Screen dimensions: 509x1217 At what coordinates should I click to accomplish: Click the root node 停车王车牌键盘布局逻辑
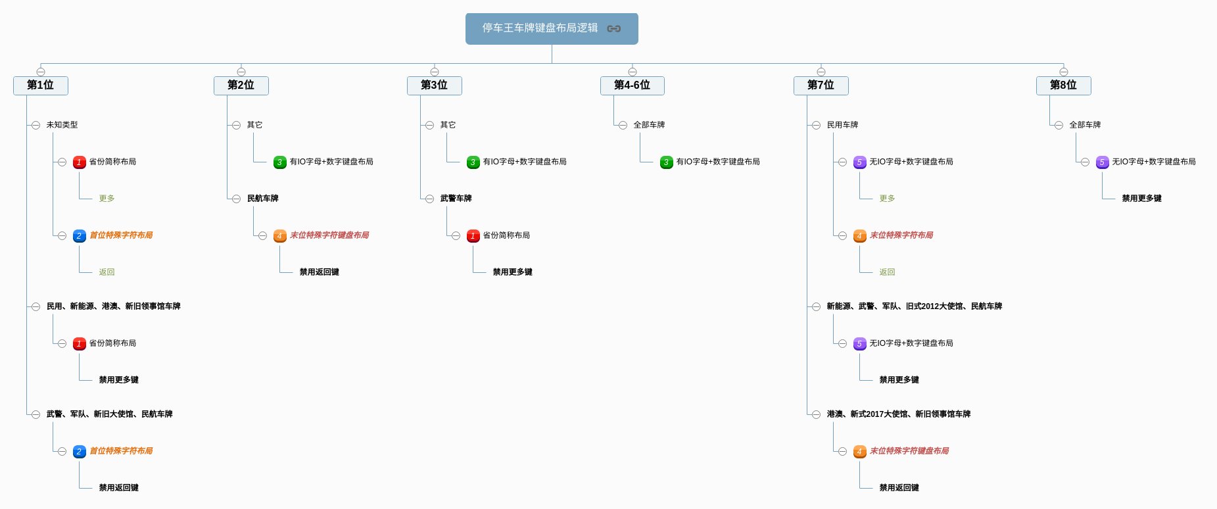(x=540, y=28)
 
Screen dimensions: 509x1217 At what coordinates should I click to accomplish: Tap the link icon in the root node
(x=614, y=28)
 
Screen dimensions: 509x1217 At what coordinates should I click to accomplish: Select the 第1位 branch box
(x=40, y=85)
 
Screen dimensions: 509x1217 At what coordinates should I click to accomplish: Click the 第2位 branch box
(x=241, y=85)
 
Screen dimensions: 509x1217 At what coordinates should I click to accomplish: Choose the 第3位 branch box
(x=434, y=85)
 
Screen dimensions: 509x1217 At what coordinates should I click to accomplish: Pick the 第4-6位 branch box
(x=632, y=85)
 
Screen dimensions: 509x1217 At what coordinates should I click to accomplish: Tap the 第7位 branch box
(x=821, y=85)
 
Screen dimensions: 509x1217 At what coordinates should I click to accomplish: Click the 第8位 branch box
(x=1063, y=85)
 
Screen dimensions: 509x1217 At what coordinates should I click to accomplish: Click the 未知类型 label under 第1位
(x=62, y=125)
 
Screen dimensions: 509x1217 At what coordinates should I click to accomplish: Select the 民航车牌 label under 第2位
(x=262, y=199)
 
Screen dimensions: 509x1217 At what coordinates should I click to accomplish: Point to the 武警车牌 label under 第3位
(x=456, y=199)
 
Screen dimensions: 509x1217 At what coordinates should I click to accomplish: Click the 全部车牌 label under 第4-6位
(x=649, y=125)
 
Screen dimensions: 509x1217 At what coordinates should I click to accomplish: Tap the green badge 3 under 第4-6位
(x=666, y=162)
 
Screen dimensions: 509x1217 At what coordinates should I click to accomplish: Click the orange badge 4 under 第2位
(x=279, y=235)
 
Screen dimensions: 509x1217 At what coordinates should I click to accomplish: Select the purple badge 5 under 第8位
(x=1102, y=162)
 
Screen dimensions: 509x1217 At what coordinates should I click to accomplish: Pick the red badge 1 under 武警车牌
(x=473, y=235)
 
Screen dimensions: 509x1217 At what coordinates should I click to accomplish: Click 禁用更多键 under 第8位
(x=1141, y=199)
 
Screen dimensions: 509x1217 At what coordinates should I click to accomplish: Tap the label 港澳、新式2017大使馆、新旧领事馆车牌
(x=898, y=414)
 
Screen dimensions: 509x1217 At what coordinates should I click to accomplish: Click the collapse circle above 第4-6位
(x=632, y=72)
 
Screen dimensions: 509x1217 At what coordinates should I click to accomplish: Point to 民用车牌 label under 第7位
(x=842, y=125)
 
